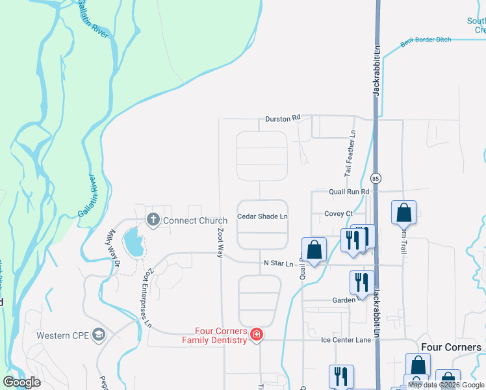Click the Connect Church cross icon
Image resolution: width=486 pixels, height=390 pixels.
pyautogui.click(x=153, y=220)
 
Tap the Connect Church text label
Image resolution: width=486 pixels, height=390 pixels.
pyautogui.click(x=195, y=220)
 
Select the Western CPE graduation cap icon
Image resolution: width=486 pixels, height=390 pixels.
pyautogui.click(x=99, y=335)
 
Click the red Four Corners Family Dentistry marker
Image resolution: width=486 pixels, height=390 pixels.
pyautogui.click(x=257, y=335)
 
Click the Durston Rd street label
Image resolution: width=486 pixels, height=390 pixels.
pyautogui.click(x=283, y=118)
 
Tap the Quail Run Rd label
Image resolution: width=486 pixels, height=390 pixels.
pyautogui.click(x=349, y=192)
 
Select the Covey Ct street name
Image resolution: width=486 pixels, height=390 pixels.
pyautogui.click(x=339, y=213)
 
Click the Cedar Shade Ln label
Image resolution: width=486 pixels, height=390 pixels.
pyautogui.click(x=262, y=216)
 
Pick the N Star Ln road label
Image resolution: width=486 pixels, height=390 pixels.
pyautogui.click(x=279, y=263)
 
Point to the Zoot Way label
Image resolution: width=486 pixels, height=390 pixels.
pyautogui.click(x=220, y=242)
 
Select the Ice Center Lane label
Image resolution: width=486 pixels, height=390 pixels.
pyautogui.click(x=346, y=339)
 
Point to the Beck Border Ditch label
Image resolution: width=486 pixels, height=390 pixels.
pyautogui.click(x=426, y=40)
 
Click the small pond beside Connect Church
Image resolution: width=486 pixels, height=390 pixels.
pyautogui.click(x=134, y=242)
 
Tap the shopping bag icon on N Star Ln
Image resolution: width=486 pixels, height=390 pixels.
pyautogui.click(x=314, y=250)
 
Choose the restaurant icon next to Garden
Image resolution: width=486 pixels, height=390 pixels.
pyautogui.click(x=362, y=281)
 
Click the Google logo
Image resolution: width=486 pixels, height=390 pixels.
pyautogui.click(x=22, y=382)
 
